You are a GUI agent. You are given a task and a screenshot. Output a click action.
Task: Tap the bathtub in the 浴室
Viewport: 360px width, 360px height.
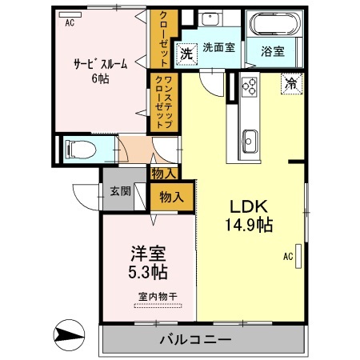pos(274,25)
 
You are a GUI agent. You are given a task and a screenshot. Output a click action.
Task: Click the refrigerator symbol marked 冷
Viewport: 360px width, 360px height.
pos(290,82)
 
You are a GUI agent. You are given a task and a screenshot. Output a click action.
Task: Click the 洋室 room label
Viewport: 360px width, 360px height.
pos(149,254)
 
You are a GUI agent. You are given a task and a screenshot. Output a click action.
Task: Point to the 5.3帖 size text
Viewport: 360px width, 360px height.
pos(149,272)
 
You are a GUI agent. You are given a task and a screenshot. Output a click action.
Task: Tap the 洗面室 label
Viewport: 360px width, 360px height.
pos(218,47)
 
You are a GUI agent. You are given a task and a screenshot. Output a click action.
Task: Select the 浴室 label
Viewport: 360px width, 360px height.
pos(272,53)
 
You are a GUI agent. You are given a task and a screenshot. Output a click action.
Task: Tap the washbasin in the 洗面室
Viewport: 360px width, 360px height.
pos(213,19)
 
